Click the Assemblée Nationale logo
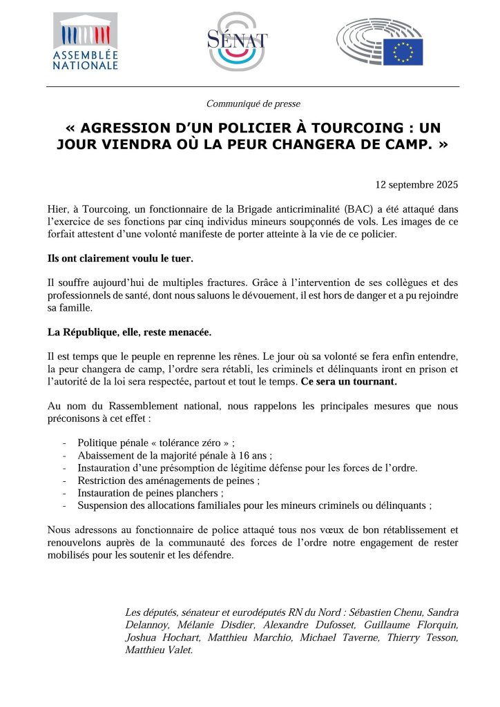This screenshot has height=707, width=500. (85, 41)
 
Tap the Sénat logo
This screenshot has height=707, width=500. (237, 41)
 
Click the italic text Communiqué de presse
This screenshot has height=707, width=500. (253, 104)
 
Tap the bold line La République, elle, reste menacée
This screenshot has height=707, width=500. (129, 332)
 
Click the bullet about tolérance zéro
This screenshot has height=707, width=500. (161, 443)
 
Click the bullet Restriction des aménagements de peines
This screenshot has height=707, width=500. (169, 480)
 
